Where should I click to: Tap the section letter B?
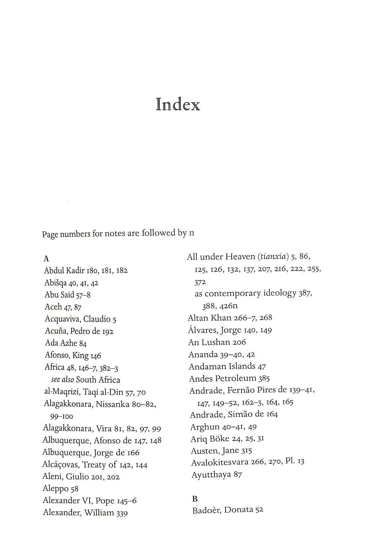[194, 499]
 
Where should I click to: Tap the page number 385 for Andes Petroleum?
[264, 378]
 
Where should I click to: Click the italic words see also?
[63, 380]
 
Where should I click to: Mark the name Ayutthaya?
[211, 475]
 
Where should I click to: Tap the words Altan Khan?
[207, 318]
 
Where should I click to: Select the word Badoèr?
[206, 510]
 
